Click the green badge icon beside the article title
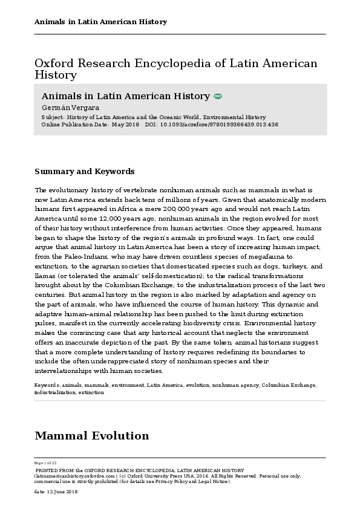pos(218,96)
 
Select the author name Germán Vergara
pos(62,107)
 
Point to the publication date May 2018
pos(125,124)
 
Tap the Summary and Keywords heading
pos(84,172)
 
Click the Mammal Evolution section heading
pos(91,436)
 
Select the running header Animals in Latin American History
pos(100,22)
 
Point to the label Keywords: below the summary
pos(47,384)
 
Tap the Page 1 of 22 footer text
pos(46,462)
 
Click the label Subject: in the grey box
pos(53,117)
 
